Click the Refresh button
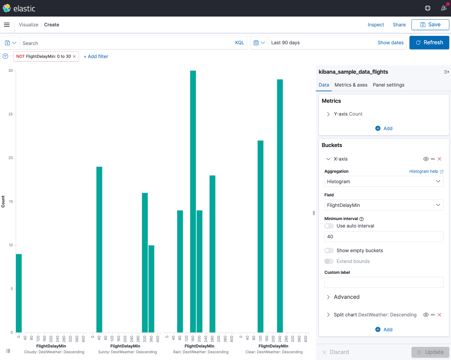click(429, 43)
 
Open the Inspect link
click(376, 25)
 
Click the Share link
click(399, 25)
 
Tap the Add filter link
click(96, 56)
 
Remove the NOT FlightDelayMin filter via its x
click(74, 56)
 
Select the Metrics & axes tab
click(351, 85)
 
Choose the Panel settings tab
click(389, 85)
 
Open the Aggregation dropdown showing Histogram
click(384, 182)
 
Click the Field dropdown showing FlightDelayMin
click(384, 205)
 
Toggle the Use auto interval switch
click(329, 226)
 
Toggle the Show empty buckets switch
click(329, 250)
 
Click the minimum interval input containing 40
click(384, 237)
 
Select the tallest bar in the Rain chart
click(193, 201)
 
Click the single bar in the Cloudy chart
click(19, 293)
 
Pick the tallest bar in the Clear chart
click(280, 206)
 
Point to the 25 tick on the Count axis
click(10, 114)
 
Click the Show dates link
click(391, 43)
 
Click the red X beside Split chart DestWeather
click(440, 315)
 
